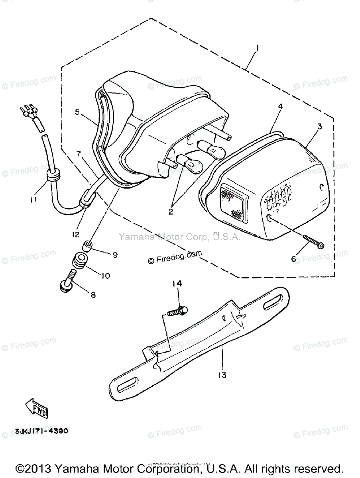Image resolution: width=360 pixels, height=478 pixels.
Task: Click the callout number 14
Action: [x=177, y=284]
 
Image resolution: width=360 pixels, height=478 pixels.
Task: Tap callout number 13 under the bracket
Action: [x=222, y=375]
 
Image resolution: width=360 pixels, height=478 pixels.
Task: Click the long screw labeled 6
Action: [x=313, y=241]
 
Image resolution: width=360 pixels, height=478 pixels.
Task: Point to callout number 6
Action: [x=294, y=259]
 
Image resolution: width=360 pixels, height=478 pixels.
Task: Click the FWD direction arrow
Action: [x=37, y=409]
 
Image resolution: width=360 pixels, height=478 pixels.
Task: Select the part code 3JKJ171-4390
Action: [x=42, y=431]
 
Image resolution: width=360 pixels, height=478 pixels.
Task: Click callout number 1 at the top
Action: [x=258, y=48]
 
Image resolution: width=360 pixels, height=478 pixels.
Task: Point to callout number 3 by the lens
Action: [x=319, y=127]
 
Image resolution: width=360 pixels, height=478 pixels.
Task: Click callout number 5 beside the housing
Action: [x=77, y=112]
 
